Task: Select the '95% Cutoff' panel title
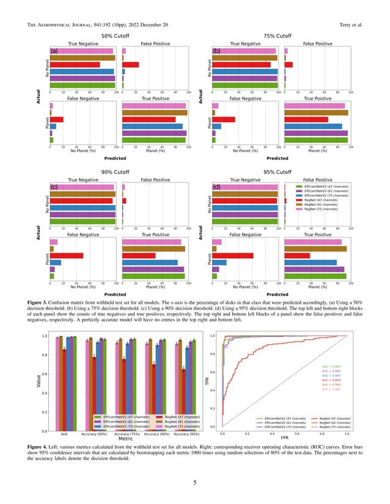[x=277, y=172]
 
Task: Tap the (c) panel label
[x=54, y=187]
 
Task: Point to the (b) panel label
[x=216, y=51]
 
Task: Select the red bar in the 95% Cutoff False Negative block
[x=232, y=256]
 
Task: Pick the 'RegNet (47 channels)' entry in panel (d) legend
[x=320, y=200]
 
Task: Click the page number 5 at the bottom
[x=194, y=483]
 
